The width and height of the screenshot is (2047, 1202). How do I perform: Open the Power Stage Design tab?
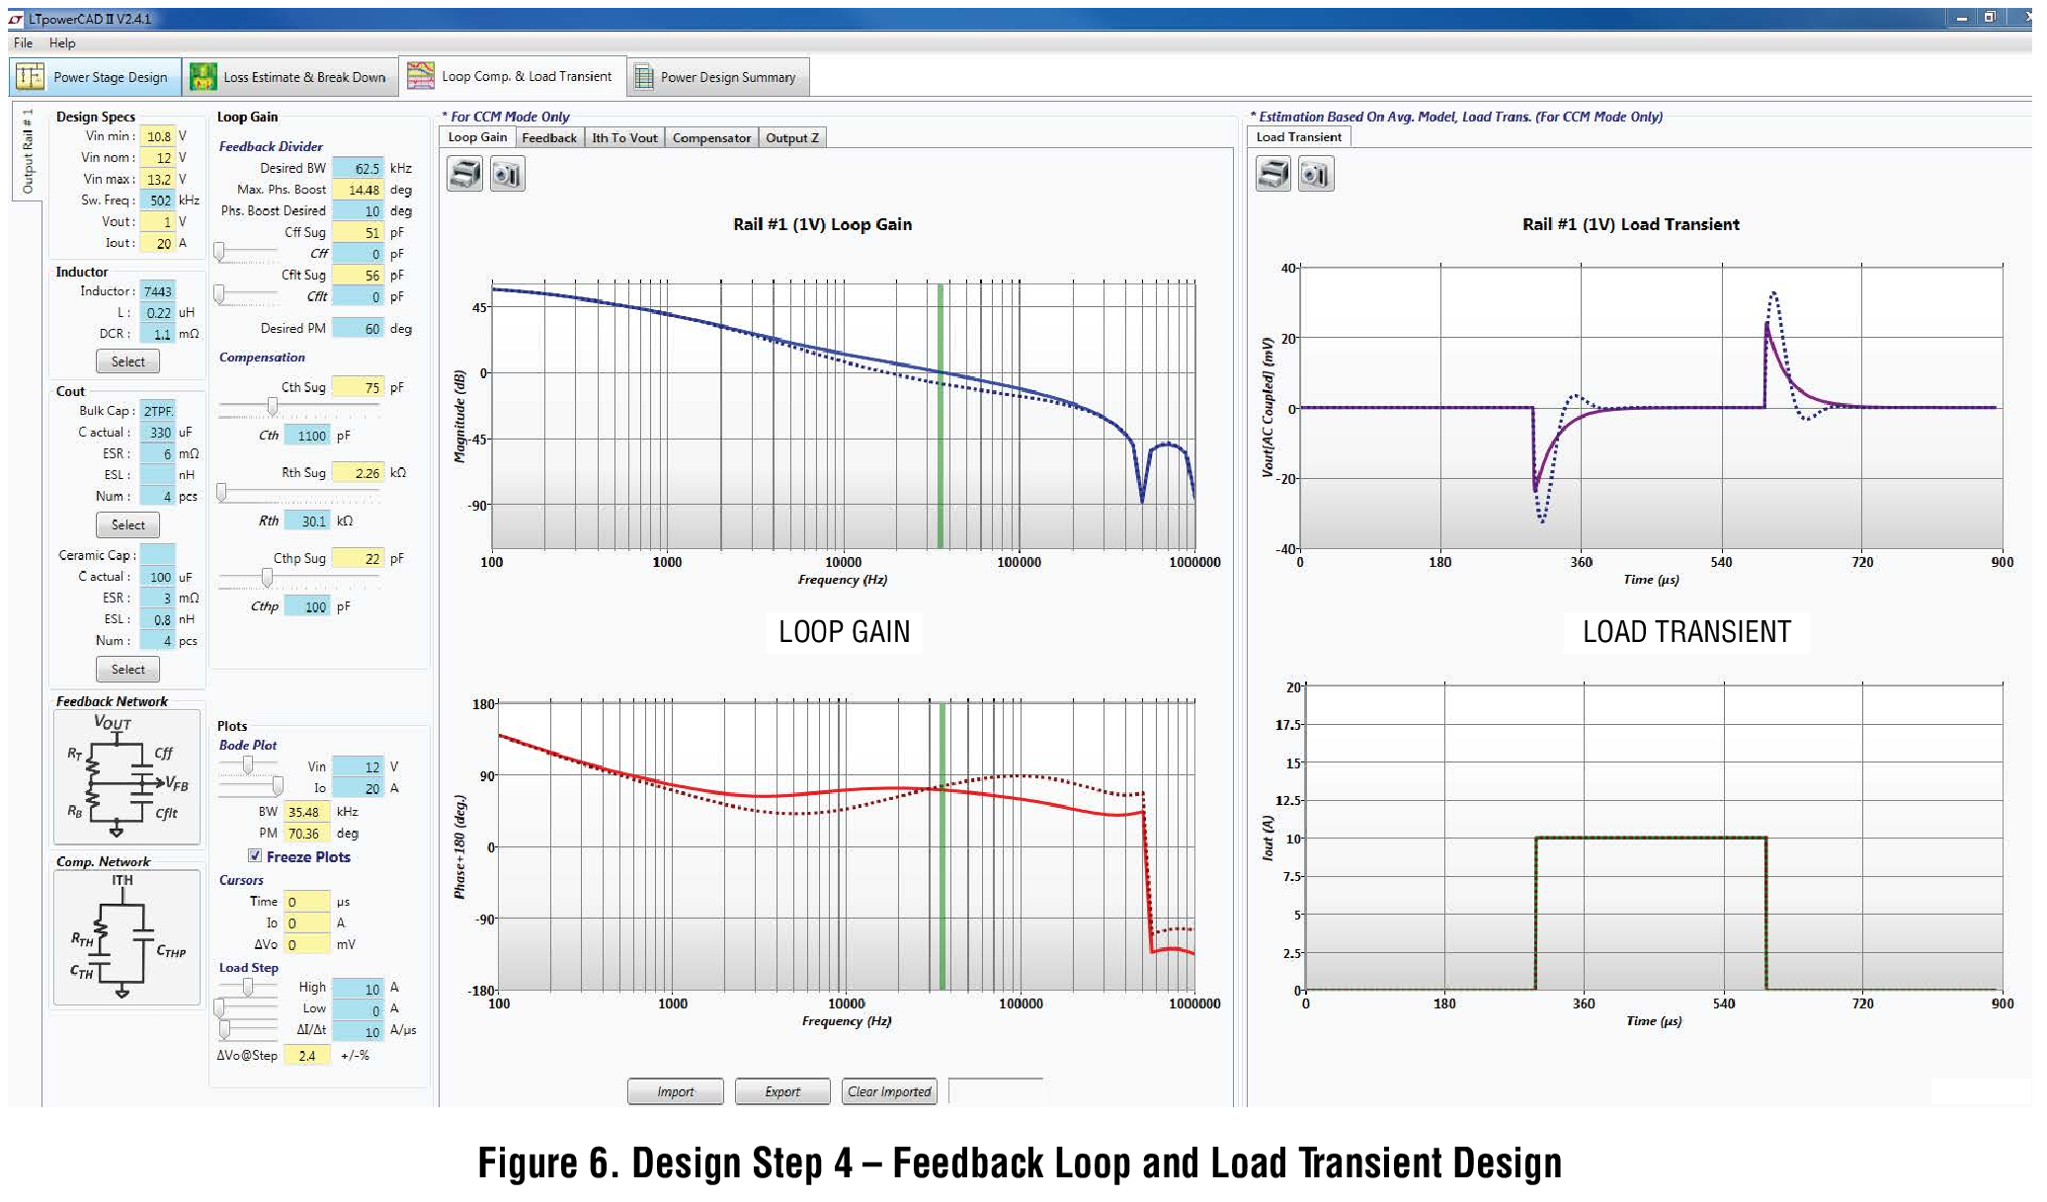coord(96,77)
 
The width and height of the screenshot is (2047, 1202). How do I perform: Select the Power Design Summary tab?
coord(717,77)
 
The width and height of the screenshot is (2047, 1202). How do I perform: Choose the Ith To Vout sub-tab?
coord(624,138)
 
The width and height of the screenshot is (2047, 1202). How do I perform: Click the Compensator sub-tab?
coord(711,138)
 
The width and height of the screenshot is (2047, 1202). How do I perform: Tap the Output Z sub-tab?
coord(792,138)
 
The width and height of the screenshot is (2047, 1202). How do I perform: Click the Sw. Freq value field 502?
coord(158,200)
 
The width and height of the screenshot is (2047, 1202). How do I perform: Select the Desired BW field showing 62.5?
coord(358,169)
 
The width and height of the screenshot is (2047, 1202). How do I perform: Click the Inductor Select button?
coord(127,361)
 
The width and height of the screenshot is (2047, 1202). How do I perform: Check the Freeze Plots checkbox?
coord(255,856)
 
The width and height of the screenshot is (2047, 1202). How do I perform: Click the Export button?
coord(782,1091)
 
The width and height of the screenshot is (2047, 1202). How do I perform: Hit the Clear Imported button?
coord(889,1091)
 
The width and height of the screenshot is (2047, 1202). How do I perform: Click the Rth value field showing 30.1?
coord(309,521)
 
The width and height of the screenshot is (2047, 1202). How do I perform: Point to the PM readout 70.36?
coord(306,834)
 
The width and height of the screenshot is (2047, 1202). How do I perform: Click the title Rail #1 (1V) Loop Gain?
coord(822,224)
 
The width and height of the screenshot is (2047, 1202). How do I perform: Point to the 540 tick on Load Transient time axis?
coord(1721,562)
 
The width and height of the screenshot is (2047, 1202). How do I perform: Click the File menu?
coord(24,43)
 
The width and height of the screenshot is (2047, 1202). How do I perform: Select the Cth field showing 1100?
coord(308,436)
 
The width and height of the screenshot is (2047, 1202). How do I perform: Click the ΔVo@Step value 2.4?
coord(307,1056)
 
